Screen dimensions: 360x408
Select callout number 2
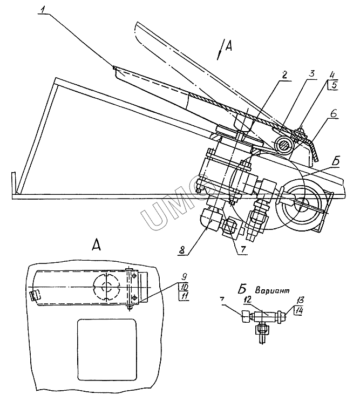tap(284, 75)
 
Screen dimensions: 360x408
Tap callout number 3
tap(311, 73)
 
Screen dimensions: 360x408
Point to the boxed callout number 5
tap(333, 85)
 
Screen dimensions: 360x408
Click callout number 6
tap(334, 114)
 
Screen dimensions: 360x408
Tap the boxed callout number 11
tap(184, 296)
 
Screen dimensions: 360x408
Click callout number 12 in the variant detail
tap(246, 300)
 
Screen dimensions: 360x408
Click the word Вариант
tap(272, 290)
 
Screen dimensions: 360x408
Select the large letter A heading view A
tap(96, 245)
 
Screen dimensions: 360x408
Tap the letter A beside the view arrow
tap(228, 47)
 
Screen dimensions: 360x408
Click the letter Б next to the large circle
tap(336, 161)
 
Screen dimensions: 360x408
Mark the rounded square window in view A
tap(107, 350)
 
